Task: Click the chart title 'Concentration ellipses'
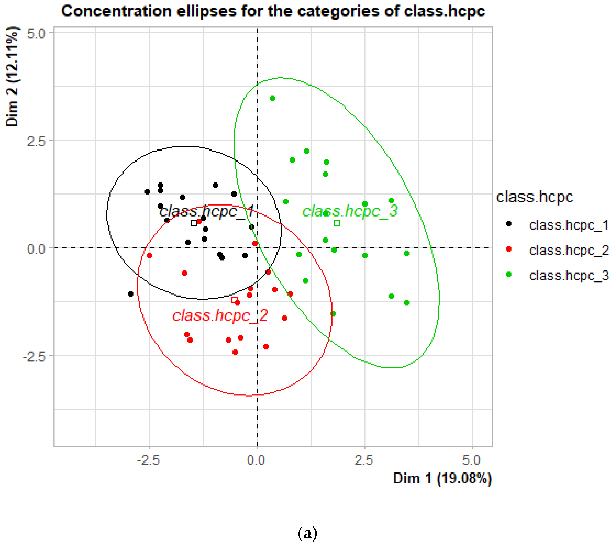coord(273,11)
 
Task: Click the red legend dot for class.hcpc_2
coord(509,249)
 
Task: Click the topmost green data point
coord(273,98)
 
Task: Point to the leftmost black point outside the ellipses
coord(131,294)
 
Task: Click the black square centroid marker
coord(194,223)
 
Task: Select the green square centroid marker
coord(337,223)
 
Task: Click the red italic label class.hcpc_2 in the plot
coord(220,315)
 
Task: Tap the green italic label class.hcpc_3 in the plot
coord(350,211)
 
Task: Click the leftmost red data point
coord(149,256)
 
